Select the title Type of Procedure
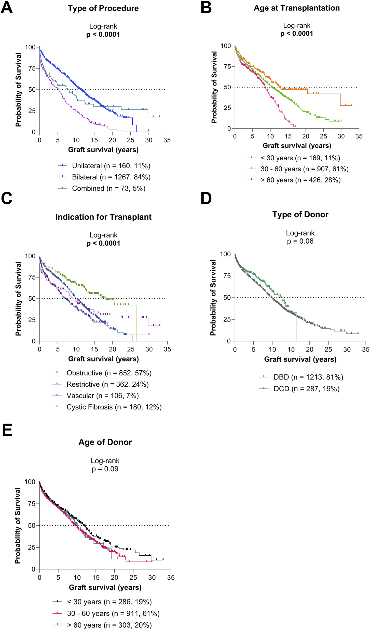click(x=103, y=8)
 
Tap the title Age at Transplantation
click(x=297, y=8)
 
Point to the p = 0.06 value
click(x=300, y=241)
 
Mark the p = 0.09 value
click(x=105, y=469)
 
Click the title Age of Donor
click(x=105, y=442)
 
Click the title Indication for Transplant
click(x=103, y=217)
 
